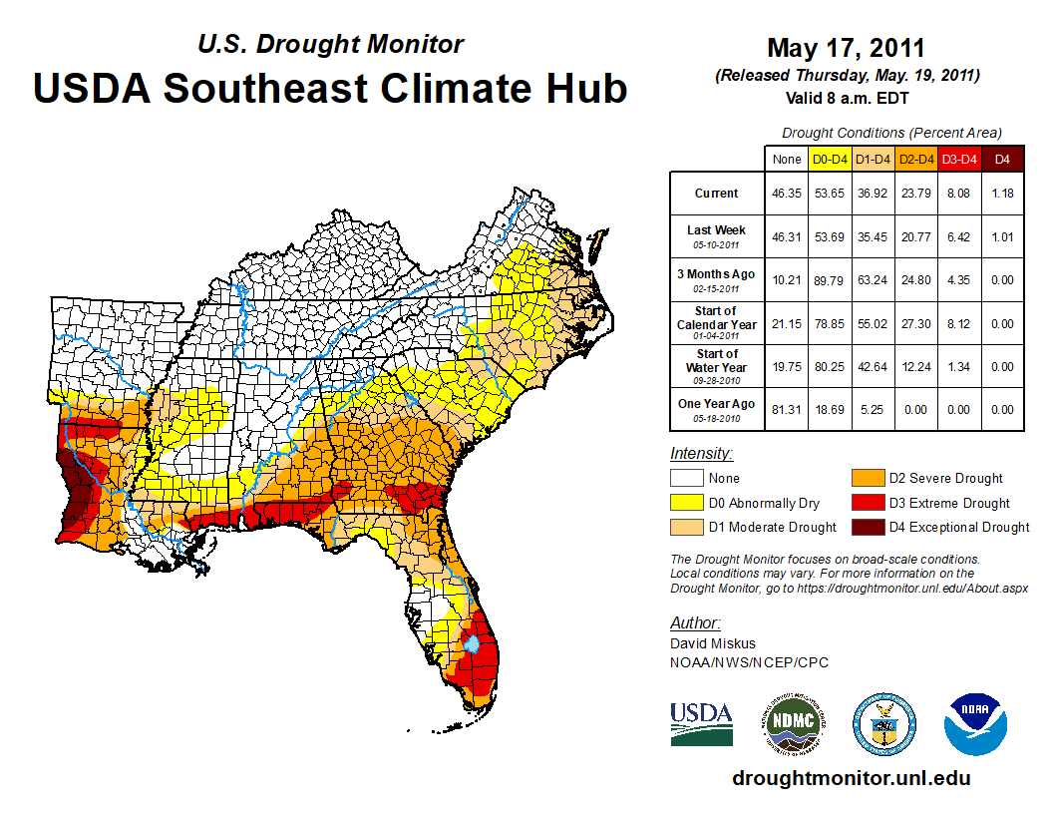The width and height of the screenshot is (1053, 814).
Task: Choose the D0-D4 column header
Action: pyautogui.click(x=831, y=159)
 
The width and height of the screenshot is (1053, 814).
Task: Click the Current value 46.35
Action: pyautogui.click(x=787, y=194)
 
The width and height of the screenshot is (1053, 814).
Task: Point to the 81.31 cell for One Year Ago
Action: pyautogui.click(x=787, y=409)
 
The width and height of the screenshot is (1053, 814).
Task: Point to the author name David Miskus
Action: pyautogui.click(x=711, y=644)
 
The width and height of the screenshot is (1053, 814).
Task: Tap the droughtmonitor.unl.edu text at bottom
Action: pyautogui.click(x=851, y=778)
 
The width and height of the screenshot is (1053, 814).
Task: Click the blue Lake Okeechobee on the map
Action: pyautogui.click(x=473, y=645)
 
